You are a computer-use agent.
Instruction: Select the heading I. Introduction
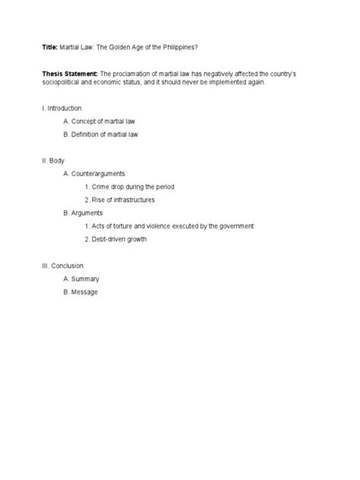[62, 109]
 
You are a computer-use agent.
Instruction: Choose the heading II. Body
[54, 161]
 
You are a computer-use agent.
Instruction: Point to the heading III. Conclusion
[65, 266]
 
